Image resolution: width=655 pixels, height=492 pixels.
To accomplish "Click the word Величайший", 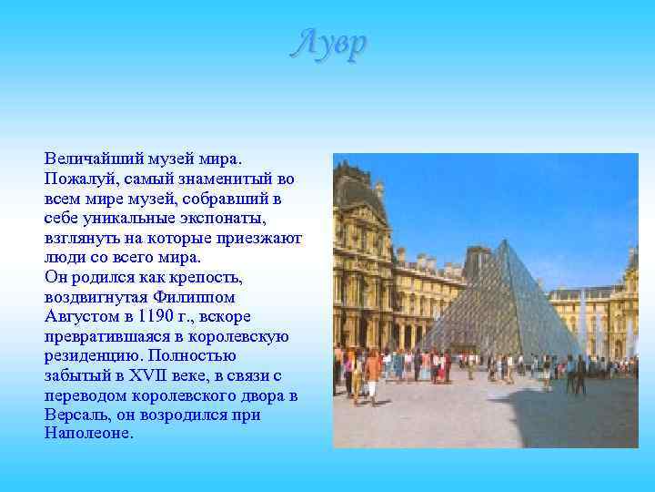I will [88, 159].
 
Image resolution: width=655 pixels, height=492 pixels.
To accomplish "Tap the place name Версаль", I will [76, 415].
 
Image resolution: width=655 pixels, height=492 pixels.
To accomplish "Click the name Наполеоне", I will [88, 435].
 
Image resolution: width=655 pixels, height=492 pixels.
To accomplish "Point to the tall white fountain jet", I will [582, 319].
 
